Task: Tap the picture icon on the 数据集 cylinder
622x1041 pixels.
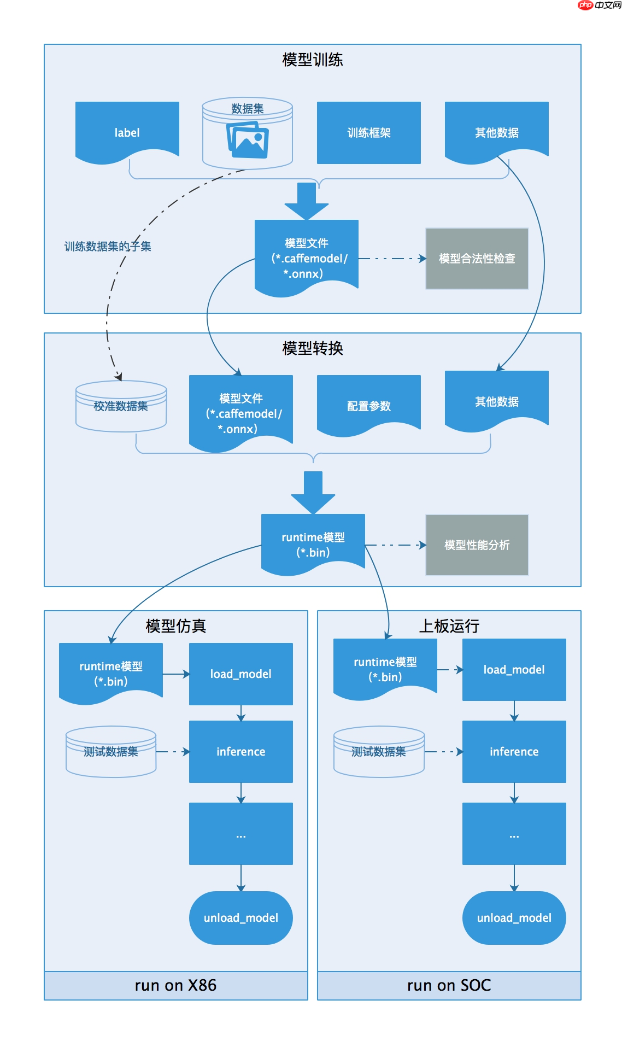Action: click(248, 140)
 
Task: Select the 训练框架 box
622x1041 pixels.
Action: click(369, 132)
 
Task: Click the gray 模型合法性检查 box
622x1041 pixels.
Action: click(477, 259)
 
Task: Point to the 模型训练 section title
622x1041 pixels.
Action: click(312, 60)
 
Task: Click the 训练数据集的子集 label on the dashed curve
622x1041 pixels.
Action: click(108, 247)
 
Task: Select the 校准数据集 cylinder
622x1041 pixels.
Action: click(121, 406)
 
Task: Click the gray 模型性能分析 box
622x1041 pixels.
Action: click(477, 545)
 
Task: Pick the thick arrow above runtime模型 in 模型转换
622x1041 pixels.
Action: click(313, 492)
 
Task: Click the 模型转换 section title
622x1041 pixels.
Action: click(312, 348)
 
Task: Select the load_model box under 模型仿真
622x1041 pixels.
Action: click(240, 674)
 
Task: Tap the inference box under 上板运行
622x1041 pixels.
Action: click(514, 751)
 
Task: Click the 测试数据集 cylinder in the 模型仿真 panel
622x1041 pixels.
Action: click(111, 752)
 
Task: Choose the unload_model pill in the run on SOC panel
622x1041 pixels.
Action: click(514, 917)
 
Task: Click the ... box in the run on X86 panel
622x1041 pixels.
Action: click(240, 834)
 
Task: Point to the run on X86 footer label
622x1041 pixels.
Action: click(175, 985)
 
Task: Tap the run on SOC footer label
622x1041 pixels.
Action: click(449, 985)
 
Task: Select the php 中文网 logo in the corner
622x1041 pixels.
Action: click(600, 5)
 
